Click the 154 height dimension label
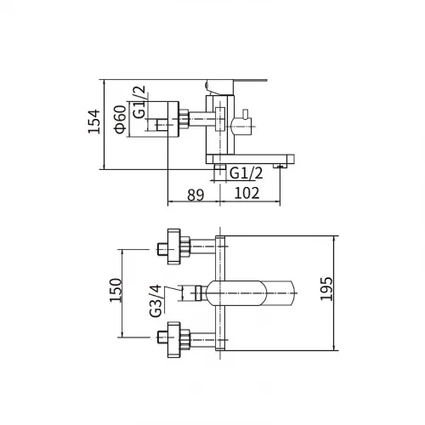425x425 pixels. [93, 122]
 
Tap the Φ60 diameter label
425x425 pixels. [120, 119]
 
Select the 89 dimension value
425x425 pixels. [195, 195]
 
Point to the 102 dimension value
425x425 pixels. [246, 193]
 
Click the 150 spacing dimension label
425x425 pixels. [116, 291]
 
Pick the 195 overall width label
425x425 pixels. [326, 289]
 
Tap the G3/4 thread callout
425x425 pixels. [156, 301]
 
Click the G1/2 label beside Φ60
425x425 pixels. [139, 102]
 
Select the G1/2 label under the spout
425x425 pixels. [246, 173]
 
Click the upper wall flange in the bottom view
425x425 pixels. [173, 246]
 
